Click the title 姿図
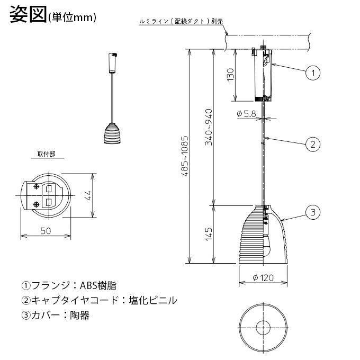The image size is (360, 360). (x=29, y=14)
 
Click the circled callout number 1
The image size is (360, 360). (x=313, y=73)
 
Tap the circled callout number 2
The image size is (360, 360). (x=313, y=145)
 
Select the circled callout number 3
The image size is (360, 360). (x=313, y=212)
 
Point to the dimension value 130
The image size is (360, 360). (x=230, y=75)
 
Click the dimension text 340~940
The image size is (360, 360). (x=209, y=127)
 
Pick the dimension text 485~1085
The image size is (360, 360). (x=185, y=156)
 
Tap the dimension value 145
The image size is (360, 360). (x=209, y=234)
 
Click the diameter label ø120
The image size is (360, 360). (x=263, y=278)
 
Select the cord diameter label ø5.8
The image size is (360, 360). (x=246, y=113)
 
